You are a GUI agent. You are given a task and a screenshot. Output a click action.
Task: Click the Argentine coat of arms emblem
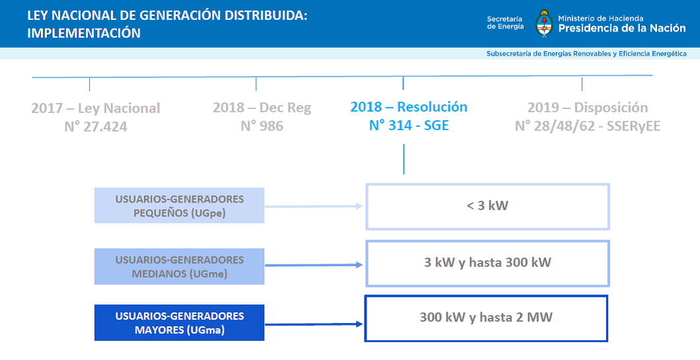click(543, 22)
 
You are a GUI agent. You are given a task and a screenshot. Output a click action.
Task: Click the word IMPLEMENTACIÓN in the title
click(84, 33)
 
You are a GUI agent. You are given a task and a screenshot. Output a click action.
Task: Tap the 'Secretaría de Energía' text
click(505, 22)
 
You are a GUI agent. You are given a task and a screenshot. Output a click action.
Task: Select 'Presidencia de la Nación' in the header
click(622, 28)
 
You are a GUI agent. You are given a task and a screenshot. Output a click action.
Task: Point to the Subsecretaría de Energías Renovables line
click(586, 54)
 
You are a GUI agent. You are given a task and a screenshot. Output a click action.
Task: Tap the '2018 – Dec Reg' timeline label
click(262, 108)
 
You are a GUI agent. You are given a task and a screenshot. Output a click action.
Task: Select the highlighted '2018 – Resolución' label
click(409, 107)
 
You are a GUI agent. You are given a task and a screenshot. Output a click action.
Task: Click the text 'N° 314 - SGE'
click(409, 126)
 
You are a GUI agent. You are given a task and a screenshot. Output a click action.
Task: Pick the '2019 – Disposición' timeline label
click(588, 108)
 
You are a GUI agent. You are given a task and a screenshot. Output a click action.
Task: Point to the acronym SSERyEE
click(633, 126)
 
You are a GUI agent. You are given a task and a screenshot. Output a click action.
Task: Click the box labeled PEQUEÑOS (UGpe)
click(180, 205)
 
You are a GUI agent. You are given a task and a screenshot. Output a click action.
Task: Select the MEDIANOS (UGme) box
click(180, 267)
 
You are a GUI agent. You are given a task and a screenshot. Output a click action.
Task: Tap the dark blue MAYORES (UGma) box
click(180, 322)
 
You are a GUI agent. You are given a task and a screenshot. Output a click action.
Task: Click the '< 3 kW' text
click(487, 205)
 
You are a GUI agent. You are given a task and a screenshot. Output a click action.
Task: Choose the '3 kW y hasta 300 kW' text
click(487, 262)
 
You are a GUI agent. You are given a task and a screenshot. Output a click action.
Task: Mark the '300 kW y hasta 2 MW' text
click(486, 317)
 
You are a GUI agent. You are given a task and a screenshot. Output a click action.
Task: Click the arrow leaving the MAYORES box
click(314, 324)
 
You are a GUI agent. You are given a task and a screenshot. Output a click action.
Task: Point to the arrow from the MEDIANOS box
click(314, 265)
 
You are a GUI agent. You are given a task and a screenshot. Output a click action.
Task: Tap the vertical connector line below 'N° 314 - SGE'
click(404, 159)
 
